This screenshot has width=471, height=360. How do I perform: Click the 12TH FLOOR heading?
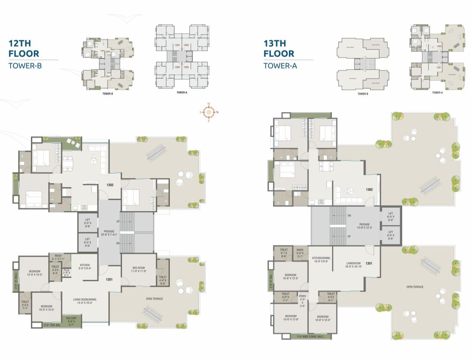coord(24,49)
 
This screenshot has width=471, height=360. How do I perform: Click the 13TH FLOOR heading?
coord(279,49)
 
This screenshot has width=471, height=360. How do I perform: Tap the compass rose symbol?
coord(209,112)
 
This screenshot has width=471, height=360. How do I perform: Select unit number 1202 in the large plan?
coord(110,185)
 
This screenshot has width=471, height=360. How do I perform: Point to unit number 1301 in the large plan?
coord(369,263)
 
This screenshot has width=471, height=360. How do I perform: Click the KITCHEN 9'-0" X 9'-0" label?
coord(85,267)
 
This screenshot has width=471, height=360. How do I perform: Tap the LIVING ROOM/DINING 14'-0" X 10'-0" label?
coord(85,301)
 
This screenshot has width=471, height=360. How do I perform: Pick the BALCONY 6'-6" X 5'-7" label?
coord(71,320)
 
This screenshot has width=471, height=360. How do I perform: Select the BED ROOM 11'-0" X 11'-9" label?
coord(139,270)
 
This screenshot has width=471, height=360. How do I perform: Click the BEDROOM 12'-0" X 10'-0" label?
coord(35,273)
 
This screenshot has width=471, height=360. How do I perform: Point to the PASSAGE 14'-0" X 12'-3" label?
coord(364,226)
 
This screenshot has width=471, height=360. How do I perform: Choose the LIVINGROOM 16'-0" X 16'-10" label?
coord(353,265)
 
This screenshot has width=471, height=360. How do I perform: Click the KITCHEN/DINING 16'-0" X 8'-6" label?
coord(321,260)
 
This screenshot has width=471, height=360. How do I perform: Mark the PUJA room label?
coord(66,273)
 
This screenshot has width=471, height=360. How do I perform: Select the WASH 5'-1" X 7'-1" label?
coord(58,257)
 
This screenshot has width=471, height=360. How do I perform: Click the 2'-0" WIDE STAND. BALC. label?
coord(310,336)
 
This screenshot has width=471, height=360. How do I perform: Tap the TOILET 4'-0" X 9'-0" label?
coord(163,280)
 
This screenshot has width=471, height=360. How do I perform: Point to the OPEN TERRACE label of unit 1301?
coord(415,287)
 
